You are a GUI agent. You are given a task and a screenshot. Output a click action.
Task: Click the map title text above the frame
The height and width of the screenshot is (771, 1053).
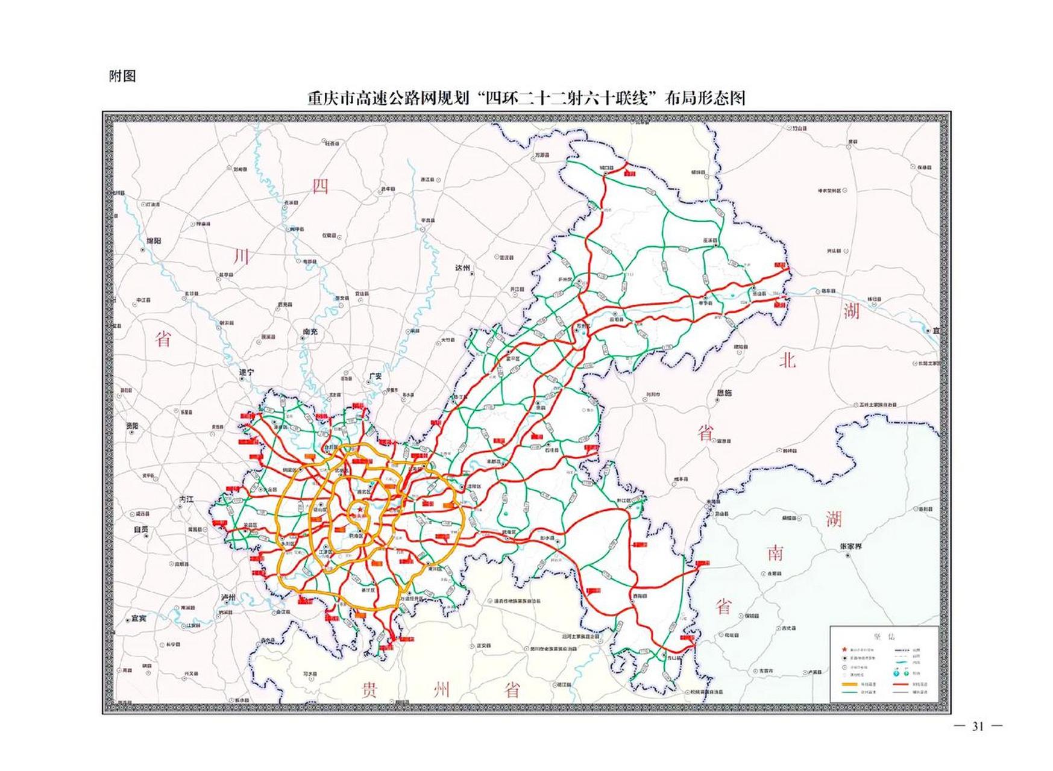[x=526, y=98]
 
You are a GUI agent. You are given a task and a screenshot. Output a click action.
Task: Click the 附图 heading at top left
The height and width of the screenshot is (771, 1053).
[x=122, y=76]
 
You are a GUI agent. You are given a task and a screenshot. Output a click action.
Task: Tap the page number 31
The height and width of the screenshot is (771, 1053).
[x=978, y=727]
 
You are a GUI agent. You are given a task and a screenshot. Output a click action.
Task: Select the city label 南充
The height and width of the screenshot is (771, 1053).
[x=310, y=332]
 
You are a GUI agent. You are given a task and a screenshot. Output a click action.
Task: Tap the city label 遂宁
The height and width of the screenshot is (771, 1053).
[x=247, y=373]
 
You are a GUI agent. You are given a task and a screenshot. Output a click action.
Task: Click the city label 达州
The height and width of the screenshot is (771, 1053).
[x=462, y=268]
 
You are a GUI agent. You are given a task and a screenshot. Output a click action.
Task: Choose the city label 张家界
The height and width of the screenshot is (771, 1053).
[x=850, y=546]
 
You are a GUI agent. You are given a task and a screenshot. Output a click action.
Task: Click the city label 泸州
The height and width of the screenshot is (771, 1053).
[x=228, y=598]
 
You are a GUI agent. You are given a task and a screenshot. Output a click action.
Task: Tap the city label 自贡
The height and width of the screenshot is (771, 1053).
[x=140, y=529]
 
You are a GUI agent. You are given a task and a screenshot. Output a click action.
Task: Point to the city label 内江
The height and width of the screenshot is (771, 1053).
[x=187, y=499]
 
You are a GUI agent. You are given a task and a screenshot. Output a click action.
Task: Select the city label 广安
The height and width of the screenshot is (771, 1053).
[x=375, y=376]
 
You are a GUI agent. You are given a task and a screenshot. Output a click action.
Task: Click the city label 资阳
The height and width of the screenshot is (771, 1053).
[x=132, y=426]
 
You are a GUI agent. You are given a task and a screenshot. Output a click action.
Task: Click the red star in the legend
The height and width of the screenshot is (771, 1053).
[x=844, y=650]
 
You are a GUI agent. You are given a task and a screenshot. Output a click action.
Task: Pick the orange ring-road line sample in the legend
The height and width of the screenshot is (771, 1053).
[x=849, y=684]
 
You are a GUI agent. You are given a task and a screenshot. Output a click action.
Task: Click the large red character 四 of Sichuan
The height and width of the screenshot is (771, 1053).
[x=320, y=186]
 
